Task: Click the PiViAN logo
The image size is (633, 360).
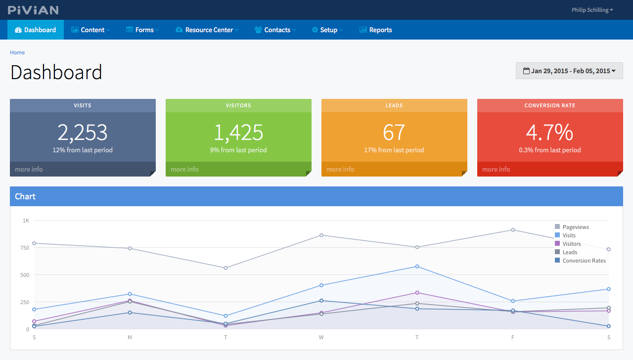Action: coord(33,10)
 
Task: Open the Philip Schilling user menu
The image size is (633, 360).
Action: coord(592,10)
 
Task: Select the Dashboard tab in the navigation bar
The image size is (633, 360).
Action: coord(36,30)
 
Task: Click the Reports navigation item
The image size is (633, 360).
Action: coord(375,30)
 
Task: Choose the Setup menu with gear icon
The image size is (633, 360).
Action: coord(327,30)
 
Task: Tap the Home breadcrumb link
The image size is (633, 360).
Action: coord(17,52)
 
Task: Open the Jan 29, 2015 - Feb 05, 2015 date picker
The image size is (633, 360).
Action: coord(569,71)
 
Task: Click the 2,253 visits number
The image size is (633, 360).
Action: coord(83,132)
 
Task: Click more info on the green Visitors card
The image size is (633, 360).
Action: coord(184,169)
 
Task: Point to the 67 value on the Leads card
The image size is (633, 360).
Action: coord(394,132)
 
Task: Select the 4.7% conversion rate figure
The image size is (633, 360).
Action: coord(549,132)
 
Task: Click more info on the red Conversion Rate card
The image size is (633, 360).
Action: coord(496,169)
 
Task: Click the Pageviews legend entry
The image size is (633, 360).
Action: coord(572,227)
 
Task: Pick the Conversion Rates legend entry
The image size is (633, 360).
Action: coord(580,261)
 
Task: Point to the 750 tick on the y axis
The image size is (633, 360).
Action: coord(25,248)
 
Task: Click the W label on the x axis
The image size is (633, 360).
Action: coord(321,337)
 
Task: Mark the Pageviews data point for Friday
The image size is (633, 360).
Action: coord(513,230)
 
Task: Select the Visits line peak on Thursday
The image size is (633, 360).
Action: coord(417,267)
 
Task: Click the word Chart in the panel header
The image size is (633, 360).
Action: coord(25,196)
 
